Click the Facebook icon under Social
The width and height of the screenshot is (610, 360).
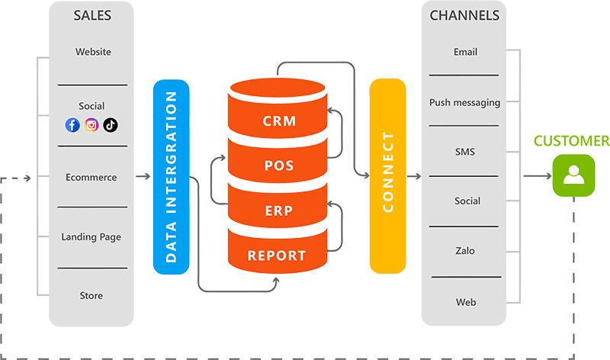72,125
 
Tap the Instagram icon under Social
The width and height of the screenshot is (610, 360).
91,125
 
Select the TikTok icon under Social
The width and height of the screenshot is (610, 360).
111,125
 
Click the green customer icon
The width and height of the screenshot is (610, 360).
573,176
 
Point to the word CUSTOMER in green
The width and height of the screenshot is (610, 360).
571,141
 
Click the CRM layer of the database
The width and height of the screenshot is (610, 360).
278,121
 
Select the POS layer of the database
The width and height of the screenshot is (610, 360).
278,166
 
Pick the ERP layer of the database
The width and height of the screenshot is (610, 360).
278,211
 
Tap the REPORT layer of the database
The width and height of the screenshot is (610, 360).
278,256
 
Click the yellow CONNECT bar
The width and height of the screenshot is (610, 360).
387,175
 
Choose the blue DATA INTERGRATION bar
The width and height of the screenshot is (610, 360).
171,176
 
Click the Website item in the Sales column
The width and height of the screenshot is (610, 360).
93,52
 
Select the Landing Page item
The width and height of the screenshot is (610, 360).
91,237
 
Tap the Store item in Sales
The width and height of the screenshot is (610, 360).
91,295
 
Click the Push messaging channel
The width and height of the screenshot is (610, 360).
464,102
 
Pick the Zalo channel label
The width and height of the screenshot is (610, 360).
465,251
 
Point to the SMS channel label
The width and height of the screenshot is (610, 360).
465,152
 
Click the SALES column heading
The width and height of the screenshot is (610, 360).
91,15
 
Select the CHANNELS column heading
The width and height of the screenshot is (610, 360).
464,15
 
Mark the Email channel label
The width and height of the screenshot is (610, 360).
465,52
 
